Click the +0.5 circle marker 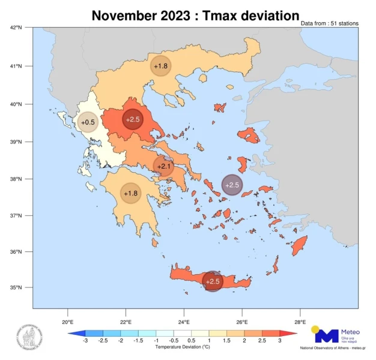[88, 122]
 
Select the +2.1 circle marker [163, 166]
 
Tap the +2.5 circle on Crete [213, 281]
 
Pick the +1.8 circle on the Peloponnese [131, 193]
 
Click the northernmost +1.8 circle [160, 66]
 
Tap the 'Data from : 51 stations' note [330, 23]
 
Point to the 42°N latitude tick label [16, 28]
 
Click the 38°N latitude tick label [16, 179]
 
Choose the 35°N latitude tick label [16, 287]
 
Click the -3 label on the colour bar [85, 341]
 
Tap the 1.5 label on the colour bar [227, 341]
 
